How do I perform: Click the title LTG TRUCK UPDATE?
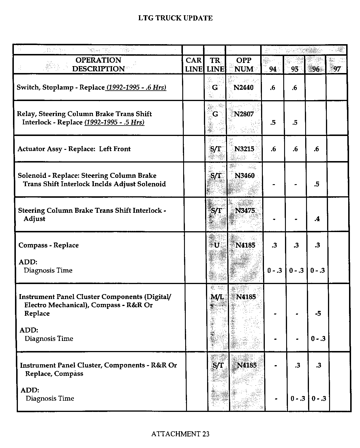tap(175, 18)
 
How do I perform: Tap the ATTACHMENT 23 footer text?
tap(180, 434)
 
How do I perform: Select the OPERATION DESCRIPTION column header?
tap(98, 65)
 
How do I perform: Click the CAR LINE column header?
tap(194, 65)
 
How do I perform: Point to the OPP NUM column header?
tap(244, 65)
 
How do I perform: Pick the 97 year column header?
tap(337, 69)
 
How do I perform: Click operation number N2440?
tap(243, 87)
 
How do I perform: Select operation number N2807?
tap(244, 114)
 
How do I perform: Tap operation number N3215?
tap(244, 149)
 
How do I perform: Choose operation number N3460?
tap(245, 176)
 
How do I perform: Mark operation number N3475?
tap(245, 210)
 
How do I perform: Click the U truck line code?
tap(217, 245)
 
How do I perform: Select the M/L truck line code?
tap(217, 297)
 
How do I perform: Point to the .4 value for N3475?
tap(317, 219)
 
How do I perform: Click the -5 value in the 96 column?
tap(318, 313)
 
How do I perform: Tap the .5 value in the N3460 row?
tap(316, 184)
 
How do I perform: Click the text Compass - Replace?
tap(48, 245)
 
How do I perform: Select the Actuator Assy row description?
tap(74, 149)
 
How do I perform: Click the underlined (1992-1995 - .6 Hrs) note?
tap(136, 87)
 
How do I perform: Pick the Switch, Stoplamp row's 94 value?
tap(273, 88)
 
